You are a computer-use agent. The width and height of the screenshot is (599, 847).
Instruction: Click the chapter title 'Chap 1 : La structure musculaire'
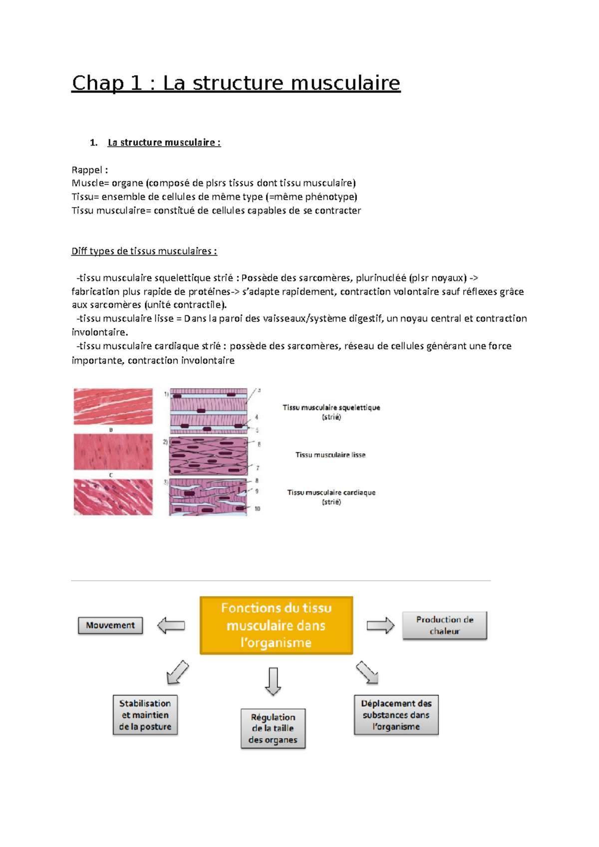236,83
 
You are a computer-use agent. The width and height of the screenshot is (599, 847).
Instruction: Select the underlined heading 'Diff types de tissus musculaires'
144,251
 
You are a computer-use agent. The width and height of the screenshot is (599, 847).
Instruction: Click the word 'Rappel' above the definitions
88,170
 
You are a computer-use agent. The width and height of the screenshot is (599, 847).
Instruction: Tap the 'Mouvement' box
110,625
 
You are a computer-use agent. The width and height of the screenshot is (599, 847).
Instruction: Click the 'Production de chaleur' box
444,625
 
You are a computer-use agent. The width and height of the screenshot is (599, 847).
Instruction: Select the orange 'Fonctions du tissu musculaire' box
276,625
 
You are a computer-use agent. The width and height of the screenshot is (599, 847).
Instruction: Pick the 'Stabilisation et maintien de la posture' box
145,715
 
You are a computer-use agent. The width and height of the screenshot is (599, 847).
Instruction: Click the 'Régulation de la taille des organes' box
273,728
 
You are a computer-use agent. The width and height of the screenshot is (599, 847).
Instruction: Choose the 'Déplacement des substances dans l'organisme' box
396,715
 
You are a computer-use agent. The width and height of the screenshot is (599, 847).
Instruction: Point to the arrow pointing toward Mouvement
171,626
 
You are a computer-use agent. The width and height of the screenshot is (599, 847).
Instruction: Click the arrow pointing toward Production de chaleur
380,626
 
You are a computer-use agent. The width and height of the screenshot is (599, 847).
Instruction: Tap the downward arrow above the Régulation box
273,681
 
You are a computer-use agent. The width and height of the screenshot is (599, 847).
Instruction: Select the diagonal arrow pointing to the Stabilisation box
177,672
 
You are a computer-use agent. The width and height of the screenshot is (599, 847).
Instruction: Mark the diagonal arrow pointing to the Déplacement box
367,672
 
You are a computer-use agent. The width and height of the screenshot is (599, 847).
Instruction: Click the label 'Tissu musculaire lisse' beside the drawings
330,455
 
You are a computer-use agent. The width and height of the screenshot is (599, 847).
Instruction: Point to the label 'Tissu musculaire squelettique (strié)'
331,412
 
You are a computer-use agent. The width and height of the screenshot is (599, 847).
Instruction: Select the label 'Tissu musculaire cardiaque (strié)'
331,496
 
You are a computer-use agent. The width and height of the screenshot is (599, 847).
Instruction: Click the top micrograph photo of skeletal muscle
113,407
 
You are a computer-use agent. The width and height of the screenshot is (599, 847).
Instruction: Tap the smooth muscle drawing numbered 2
208,456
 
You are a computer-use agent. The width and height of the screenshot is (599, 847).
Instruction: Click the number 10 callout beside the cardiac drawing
257,509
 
